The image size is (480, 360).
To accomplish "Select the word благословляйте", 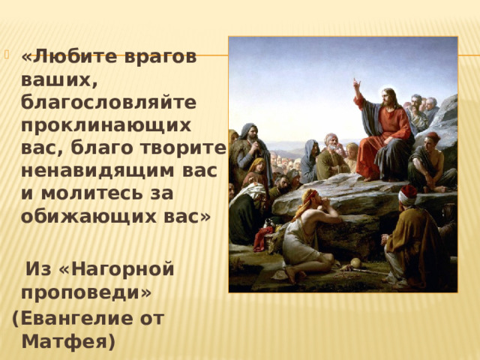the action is [x=108, y=102].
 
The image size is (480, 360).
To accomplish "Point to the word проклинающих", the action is [x=106, y=125].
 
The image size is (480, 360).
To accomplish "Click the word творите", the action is [x=183, y=148].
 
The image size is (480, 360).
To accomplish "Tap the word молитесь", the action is [x=92, y=193].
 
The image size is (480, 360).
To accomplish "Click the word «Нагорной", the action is [x=116, y=269].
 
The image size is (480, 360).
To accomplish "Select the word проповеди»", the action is [x=86, y=293].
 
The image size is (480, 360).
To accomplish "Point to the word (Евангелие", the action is [x=72, y=319].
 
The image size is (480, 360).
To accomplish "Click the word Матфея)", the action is [x=68, y=342].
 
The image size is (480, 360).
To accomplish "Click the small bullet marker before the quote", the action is [x=7, y=55].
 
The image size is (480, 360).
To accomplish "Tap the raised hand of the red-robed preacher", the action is [x=356, y=83].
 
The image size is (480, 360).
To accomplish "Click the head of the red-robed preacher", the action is [x=388, y=97].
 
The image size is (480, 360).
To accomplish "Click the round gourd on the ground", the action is [x=355, y=262].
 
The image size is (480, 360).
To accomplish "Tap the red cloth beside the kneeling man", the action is [x=261, y=238].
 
